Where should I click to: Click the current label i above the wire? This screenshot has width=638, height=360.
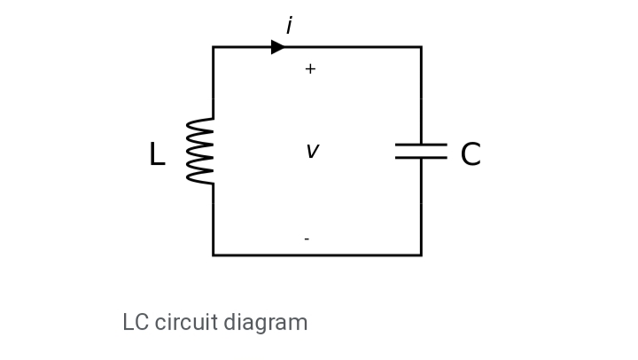pyautogui.click(x=289, y=27)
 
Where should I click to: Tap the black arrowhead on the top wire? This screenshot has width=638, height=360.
pyautogui.click(x=278, y=47)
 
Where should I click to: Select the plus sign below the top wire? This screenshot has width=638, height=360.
pyautogui.click(x=310, y=69)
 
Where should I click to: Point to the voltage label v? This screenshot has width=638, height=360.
pyautogui.click(x=312, y=152)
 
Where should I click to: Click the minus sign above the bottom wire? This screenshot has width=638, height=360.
pyautogui.click(x=307, y=239)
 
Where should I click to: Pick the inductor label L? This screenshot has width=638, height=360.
pyautogui.click(x=157, y=155)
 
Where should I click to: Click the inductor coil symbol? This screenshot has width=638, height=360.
pyautogui.click(x=200, y=152)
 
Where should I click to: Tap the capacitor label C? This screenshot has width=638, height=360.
pyautogui.click(x=471, y=155)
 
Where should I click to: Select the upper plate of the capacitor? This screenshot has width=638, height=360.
pyautogui.click(x=421, y=144)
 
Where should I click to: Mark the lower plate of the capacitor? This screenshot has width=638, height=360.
pyautogui.click(x=421, y=158)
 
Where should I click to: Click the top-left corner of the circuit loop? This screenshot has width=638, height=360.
pyautogui.click(x=214, y=47)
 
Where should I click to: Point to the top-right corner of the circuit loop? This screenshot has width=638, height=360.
pyautogui.click(x=421, y=47)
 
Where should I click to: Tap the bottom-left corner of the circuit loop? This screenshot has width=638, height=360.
pyautogui.click(x=214, y=254)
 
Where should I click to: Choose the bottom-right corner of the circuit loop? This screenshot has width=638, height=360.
pyautogui.click(x=421, y=254)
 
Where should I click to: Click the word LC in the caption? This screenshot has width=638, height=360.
pyautogui.click(x=136, y=323)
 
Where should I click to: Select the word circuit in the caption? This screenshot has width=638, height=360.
pyautogui.click(x=184, y=323)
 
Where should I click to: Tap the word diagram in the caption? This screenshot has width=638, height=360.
pyautogui.click(x=265, y=323)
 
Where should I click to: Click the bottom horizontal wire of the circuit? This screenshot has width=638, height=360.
pyautogui.click(x=317, y=254)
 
